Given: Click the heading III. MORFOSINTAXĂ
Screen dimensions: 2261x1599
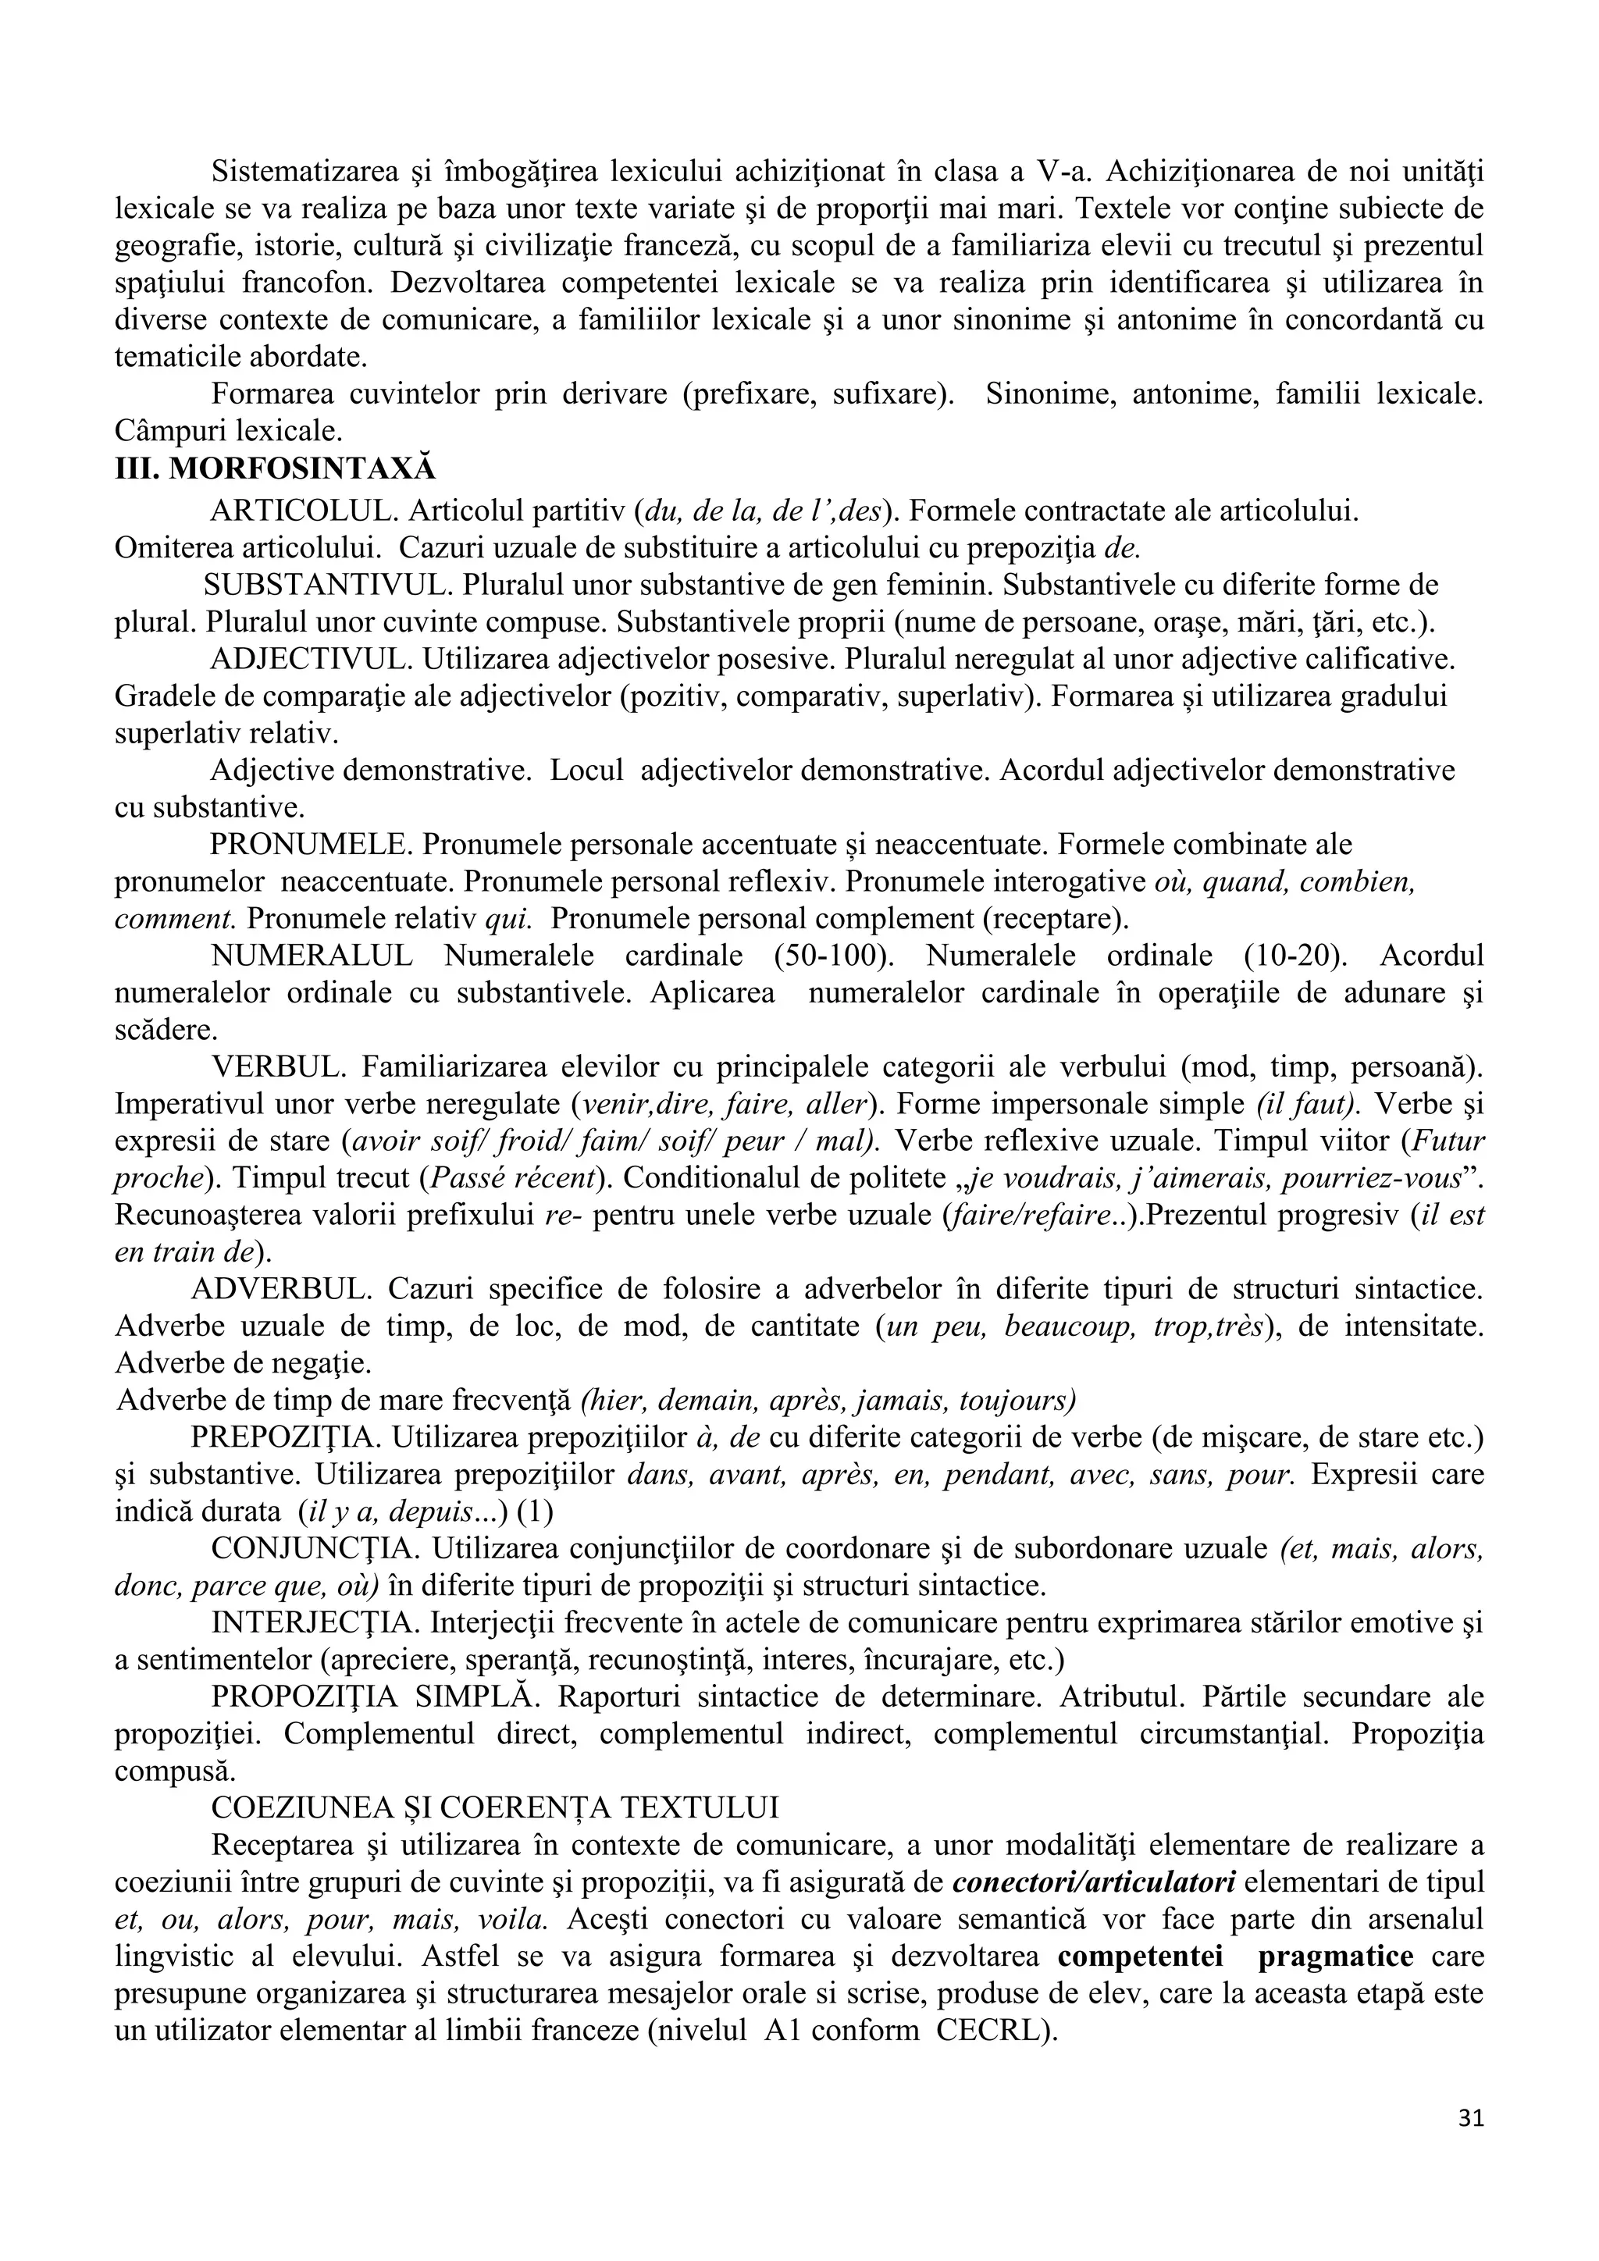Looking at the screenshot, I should (275, 468).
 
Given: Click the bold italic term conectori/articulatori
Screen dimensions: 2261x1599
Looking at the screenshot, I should (1094, 1882).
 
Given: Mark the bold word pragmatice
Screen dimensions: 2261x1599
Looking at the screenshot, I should (1335, 1956).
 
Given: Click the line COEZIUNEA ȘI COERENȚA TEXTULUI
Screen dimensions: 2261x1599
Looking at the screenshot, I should (494, 1807).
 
